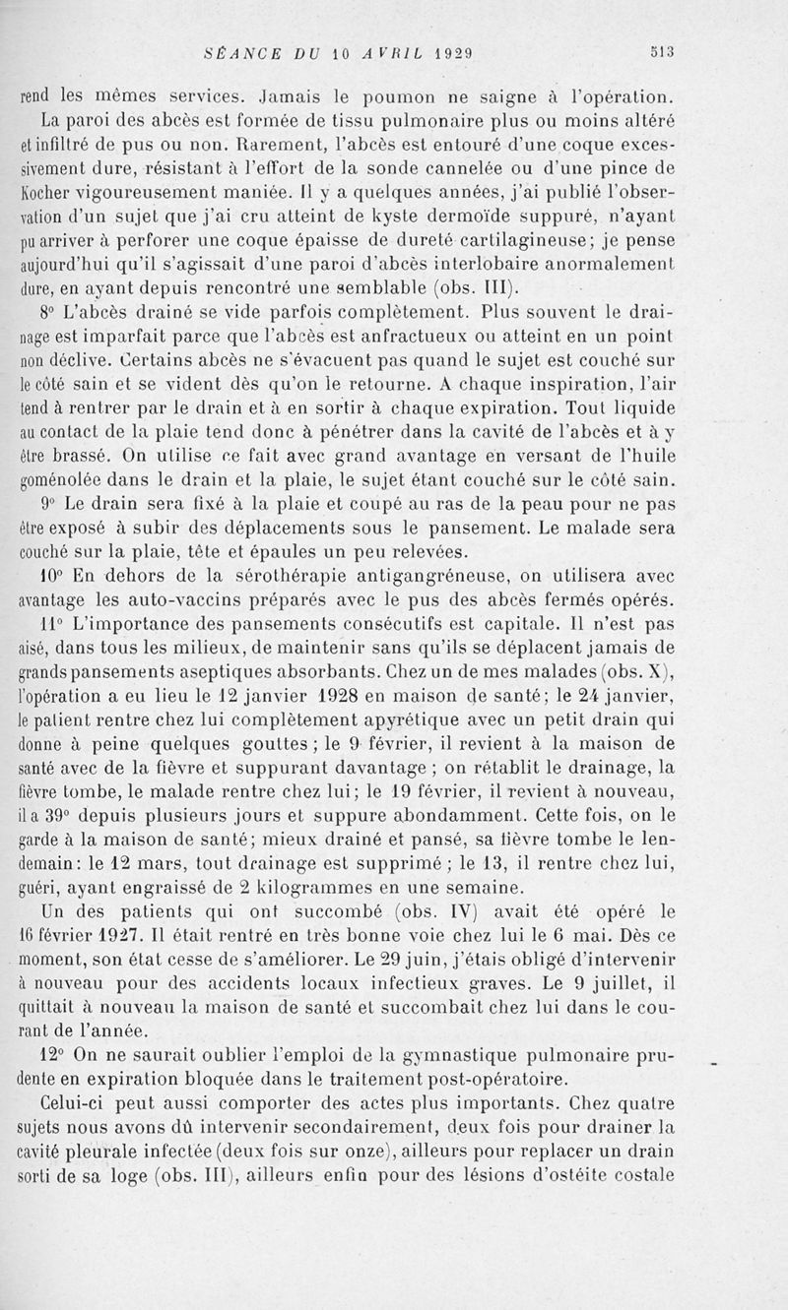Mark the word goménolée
click(x=65, y=481)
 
